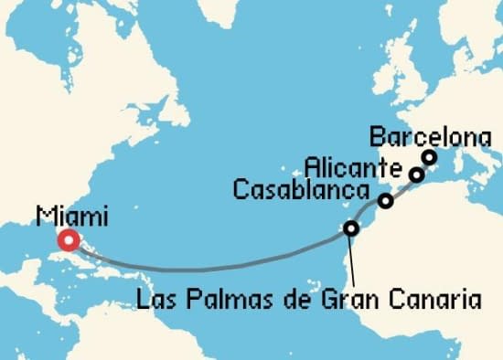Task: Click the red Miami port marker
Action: point(68,241)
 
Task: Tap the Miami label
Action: point(72,217)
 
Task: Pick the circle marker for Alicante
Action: point(416,174)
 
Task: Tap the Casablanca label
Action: point(302,189)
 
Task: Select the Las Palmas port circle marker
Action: point(351,228)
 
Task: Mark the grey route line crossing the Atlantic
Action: point(210,269)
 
